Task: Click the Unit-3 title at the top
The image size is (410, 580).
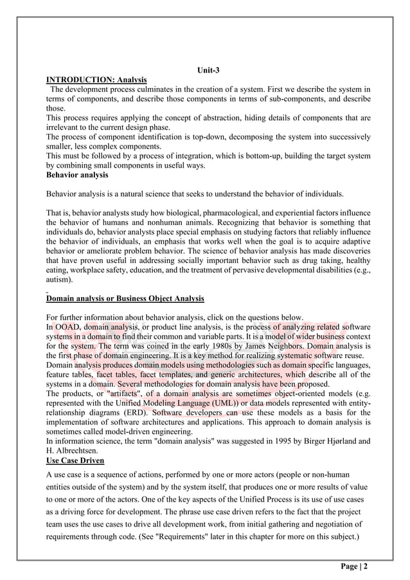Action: coord(208,71)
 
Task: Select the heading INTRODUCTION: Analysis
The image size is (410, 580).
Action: coord(96,80)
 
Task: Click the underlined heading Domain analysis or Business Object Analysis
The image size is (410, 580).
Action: coord(125,299)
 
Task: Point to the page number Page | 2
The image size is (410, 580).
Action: coord(353,566)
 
